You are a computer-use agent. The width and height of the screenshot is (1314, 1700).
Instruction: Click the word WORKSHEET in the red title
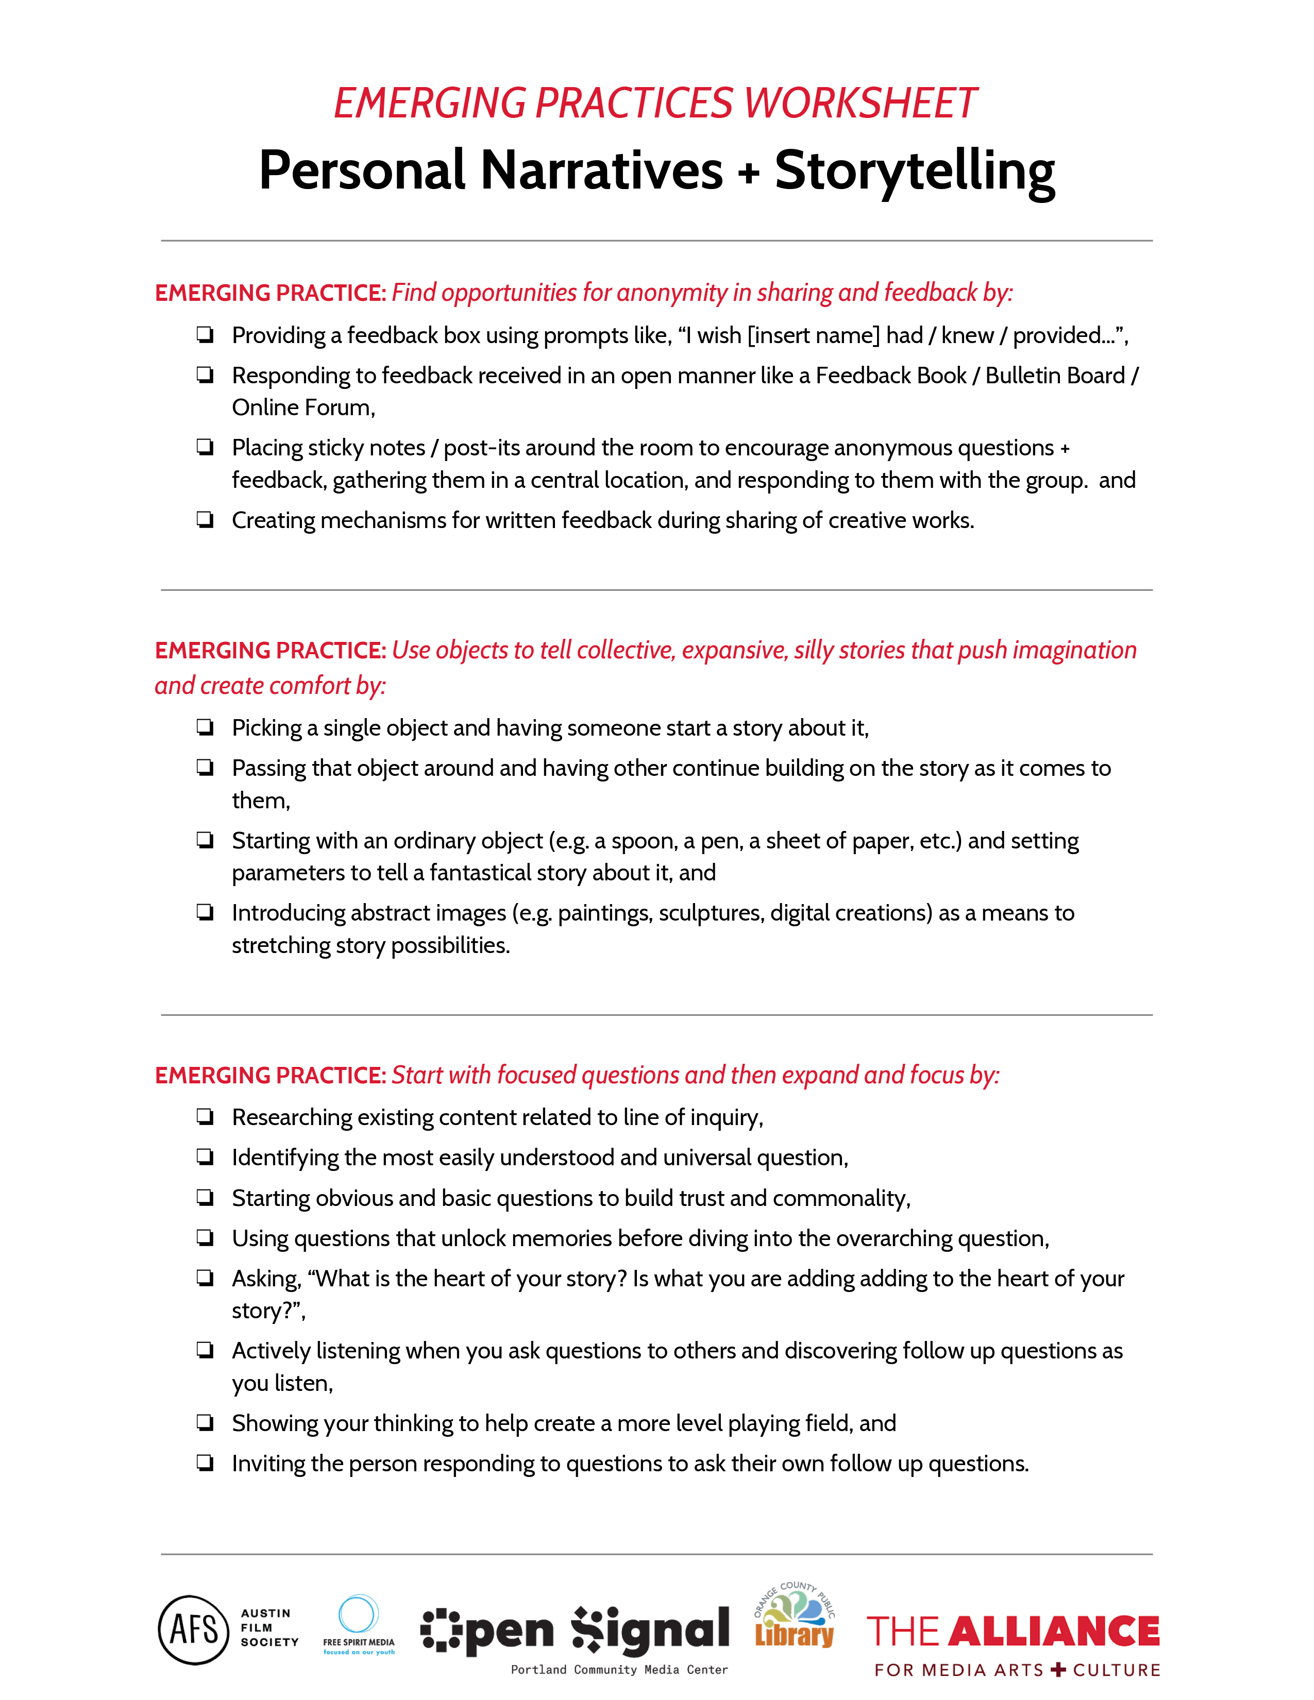[x=860, y=104]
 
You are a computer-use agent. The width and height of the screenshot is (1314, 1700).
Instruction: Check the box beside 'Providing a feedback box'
[x=205, y=335]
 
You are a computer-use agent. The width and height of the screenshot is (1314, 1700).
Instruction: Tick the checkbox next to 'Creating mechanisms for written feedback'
[x=205, y=520]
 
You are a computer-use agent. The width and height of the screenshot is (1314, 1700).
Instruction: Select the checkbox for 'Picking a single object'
[x=205, y=728]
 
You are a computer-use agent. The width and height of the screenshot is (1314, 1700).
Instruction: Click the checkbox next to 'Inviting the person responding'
[x=205, y=1464]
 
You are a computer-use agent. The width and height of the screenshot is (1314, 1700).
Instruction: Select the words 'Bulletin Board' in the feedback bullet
[x=1055, y=376]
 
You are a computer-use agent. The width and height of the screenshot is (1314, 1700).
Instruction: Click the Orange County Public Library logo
[x=794, y=1618]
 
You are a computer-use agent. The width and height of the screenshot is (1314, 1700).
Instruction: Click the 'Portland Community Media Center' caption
[x=619, y=1670]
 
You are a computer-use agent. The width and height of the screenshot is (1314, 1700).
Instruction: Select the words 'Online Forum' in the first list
[x=303, y=408]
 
